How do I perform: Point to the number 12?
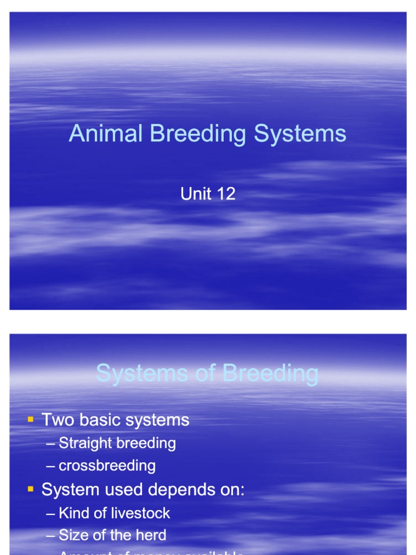click(x=225, y=194)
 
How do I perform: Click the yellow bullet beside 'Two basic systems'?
click(x=30, y=419)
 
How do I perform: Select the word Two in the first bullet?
click(x=56, y=420)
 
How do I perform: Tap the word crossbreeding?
click(x=107, y=466)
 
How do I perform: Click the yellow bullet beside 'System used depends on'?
click(x=30, y=489)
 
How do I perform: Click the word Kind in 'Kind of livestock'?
click(x=72, y=513)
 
